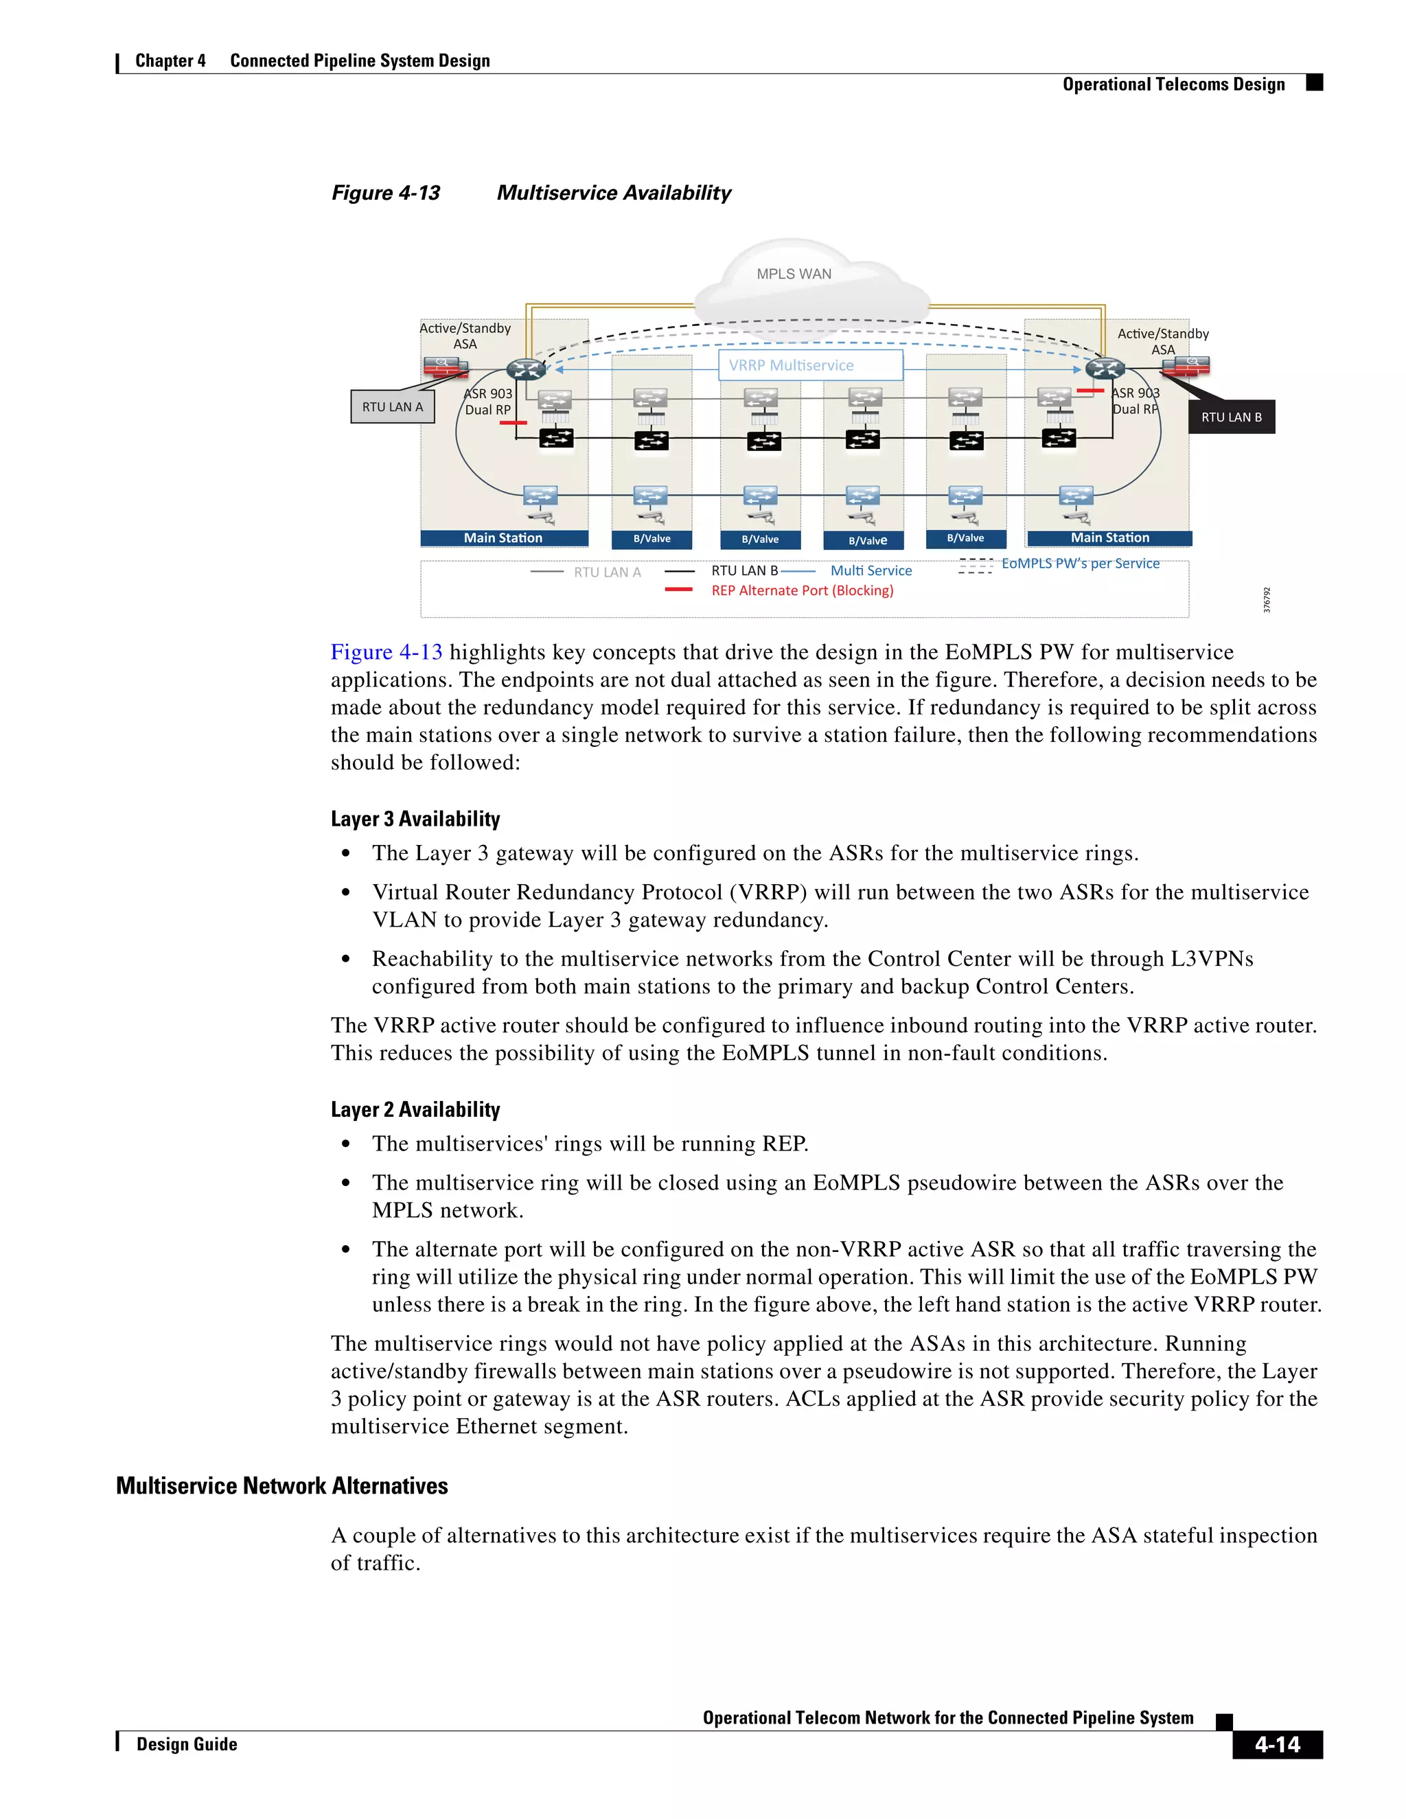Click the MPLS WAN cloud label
click(793, 274)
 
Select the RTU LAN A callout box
click(392, 406)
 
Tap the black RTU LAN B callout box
click(1231, 417)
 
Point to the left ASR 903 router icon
click(526, 369)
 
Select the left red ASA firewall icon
click(445, 367)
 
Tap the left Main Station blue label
click(504, 538)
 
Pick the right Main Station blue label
click(1109, 538)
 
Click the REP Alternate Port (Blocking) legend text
click(801, 590)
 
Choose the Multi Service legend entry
click(871, 570)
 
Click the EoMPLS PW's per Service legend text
click(1079, 564)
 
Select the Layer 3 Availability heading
click(415, 819)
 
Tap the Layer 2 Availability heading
click(415, 1109)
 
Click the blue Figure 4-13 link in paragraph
click(387, 652)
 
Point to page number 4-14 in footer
click(1276, 1744)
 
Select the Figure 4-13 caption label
click(386, 194)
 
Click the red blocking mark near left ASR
click(513, 423)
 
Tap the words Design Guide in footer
click(187, 1744)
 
